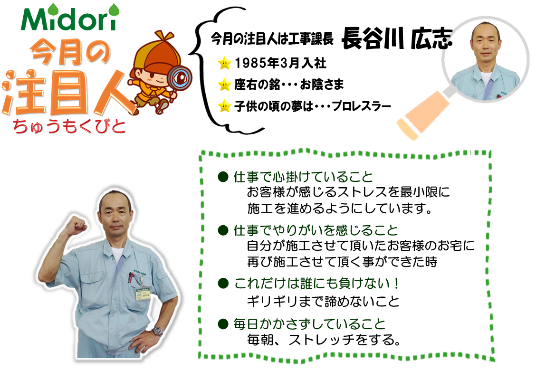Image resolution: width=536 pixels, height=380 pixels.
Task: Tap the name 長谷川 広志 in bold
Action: pyautogui.click(x=397, y=38)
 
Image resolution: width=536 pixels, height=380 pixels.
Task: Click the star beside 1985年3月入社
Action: pyautogui.click(x=225, y=63)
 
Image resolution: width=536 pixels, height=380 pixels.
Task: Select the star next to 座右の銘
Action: pyautogui.click(x=225, y=85)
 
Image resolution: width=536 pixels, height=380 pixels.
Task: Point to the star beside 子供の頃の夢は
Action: pyautogui.click(x=225, y=106)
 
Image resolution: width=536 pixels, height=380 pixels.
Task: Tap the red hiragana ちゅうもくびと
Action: pyautogui.click(x=69, y=126)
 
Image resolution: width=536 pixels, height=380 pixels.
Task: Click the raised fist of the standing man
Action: pyautogui.click(x=76, y=226)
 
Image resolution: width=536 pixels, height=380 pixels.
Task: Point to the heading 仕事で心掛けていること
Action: pyautogui.click(x=303, y=177)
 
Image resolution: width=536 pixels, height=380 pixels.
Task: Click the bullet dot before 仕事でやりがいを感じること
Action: pyautogui.click(x=223, y=230)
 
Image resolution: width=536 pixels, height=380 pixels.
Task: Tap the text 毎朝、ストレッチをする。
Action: pyautogui.click(x=324, y=340)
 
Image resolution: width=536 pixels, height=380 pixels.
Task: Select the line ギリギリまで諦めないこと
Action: pyautogui.click(x=324, y=301)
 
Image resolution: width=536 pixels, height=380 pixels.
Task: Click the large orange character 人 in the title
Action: pyautogui.click(x=113, y=92)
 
